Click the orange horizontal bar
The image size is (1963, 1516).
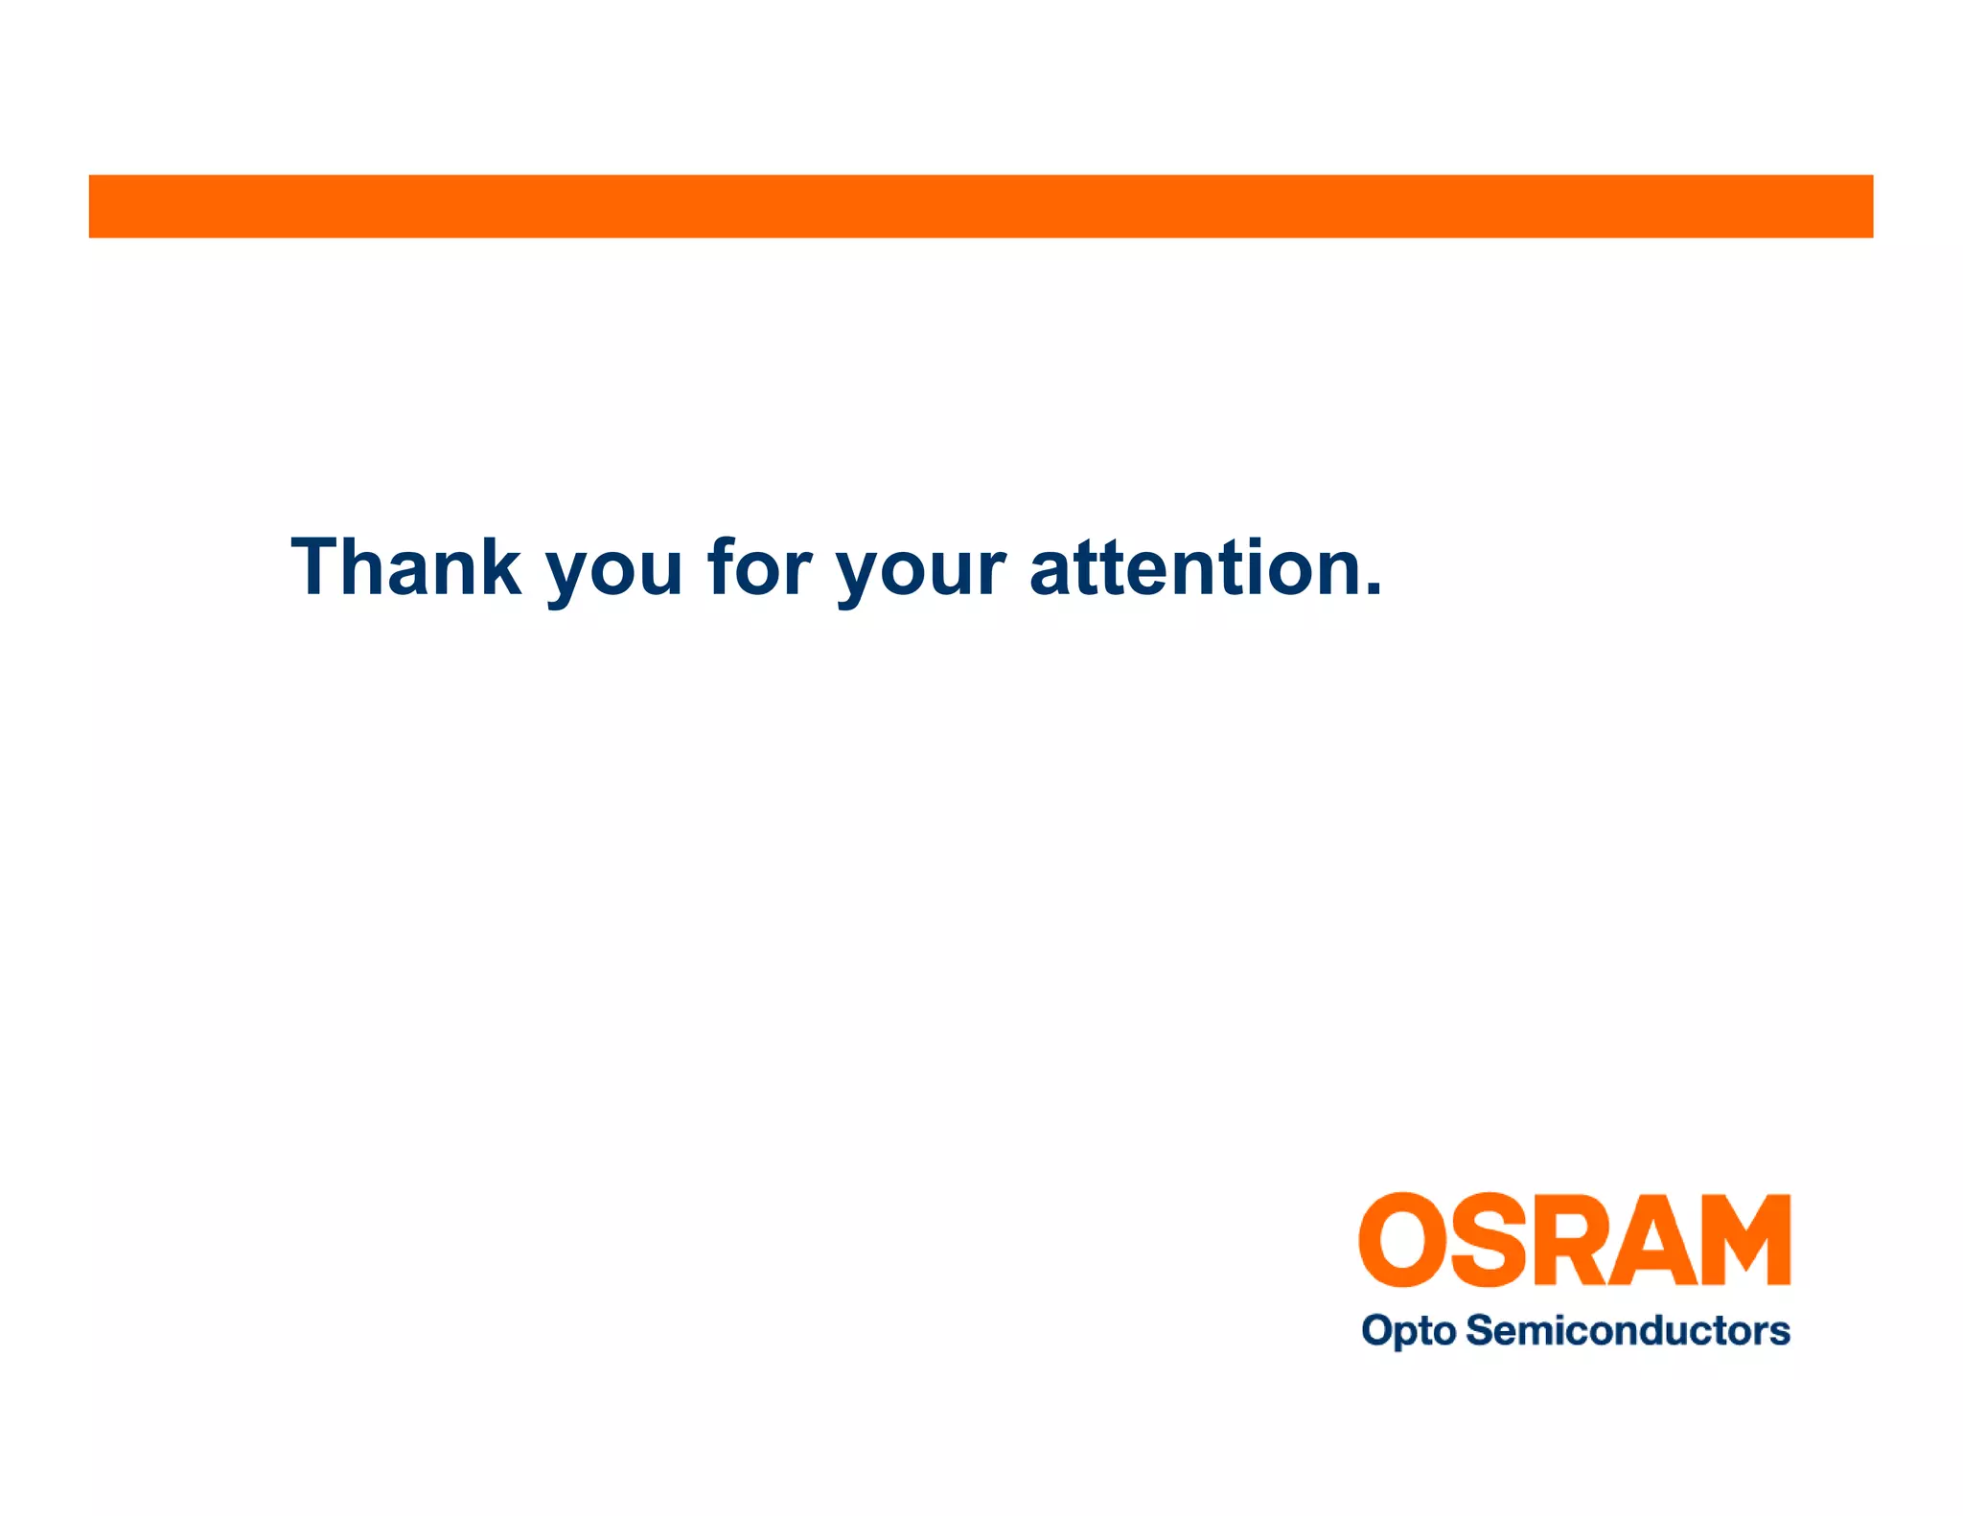[981, 206]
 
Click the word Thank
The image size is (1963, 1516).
[406, 567]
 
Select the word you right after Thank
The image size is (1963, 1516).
[614, 573]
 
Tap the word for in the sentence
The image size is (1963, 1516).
[759, 567]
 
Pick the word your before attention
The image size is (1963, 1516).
[921, 573]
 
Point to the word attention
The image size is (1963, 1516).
[1198, 567]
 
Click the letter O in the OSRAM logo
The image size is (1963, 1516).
[1402, 1240]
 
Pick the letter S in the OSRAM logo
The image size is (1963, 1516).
[1488, 1240]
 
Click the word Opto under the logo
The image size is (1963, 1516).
[1408, 1331]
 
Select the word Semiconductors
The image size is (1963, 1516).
[1628, 1330]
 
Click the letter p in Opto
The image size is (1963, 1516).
[1401, 1335]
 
